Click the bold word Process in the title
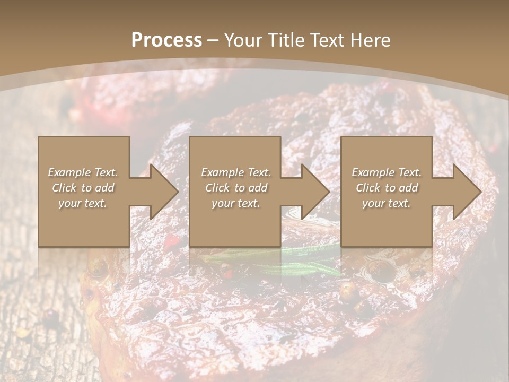(166, 40)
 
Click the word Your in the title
(243, 40)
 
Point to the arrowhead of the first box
(162, 192)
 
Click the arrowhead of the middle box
(314, 192)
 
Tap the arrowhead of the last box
(466, 192)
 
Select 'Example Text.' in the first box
(83, 172)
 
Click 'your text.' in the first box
(83, 203)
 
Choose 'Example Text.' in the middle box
(236, 172)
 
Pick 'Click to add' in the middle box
(236, 188)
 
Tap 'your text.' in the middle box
(236, 203)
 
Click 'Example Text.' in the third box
(387, 172)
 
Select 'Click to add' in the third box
(387, 188)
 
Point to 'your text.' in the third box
(387, 203)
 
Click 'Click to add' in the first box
(83, 188)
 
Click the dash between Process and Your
(213, 40)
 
